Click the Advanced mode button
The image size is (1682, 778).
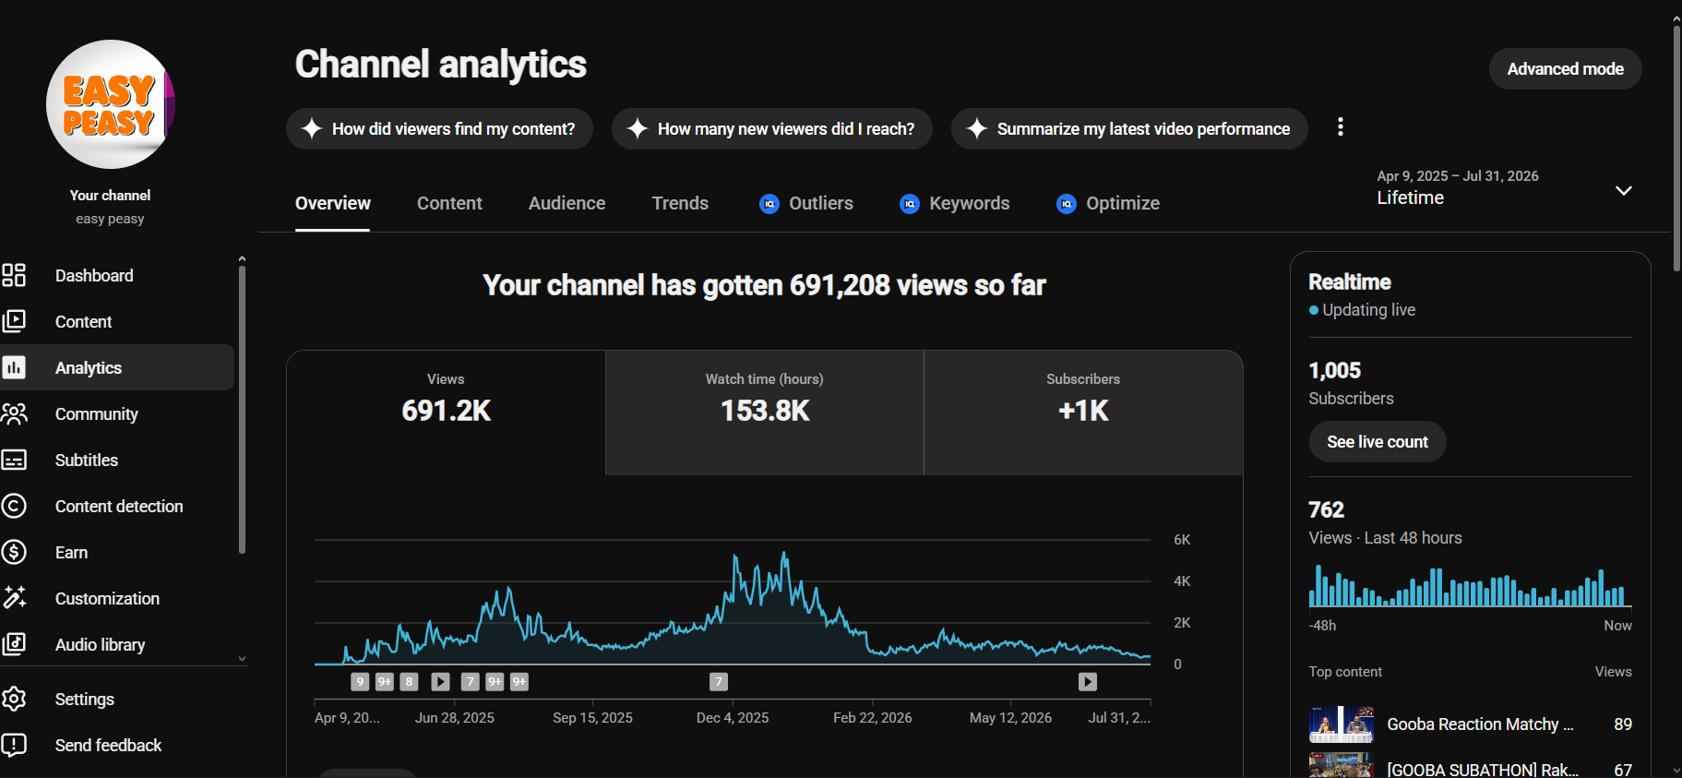tap(1565, 69)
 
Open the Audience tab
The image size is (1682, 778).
tap(567, 203)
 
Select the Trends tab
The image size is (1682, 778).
tap(680, 203)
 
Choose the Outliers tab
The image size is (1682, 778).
tap(806, 203)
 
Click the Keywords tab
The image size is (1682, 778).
tap(955, 203)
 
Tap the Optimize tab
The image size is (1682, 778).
tap(1108, 203)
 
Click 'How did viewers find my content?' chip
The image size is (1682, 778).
tap(439, 129)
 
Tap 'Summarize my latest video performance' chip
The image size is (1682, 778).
tap(1129, 129)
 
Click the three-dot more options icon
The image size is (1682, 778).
tap(1341, 127)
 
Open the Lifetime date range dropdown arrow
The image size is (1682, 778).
tap(1624, 190)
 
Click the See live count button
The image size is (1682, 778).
tap(1378, 442)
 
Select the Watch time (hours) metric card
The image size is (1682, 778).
tap(765, 413)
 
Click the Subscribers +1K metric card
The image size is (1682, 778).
tap(1083, 413)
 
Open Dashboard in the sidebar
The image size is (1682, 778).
tap(94, 276)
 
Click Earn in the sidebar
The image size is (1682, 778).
tap(71, 553)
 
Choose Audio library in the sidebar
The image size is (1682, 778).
tap(100, 645)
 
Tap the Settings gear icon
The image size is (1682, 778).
tap(14, 699)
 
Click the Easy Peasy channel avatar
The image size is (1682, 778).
tap(111, 104)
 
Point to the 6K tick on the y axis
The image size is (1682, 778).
tap(1182, 540)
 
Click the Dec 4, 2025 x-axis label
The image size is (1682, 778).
tap(733, 718)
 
